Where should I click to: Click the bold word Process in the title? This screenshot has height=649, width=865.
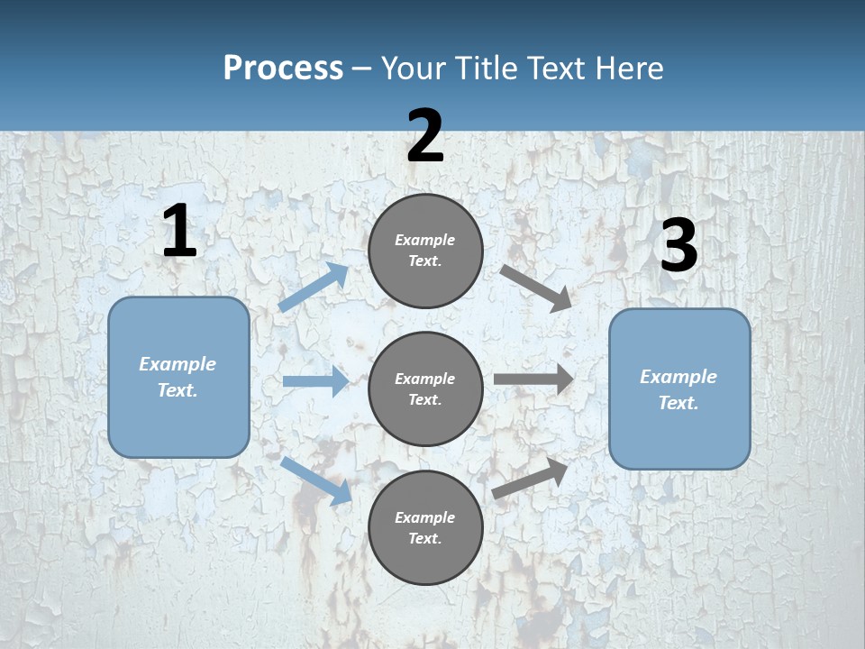coord(283,68)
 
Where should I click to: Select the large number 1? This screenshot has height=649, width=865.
coord(179,232)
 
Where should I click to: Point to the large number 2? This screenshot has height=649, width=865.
coord(425,136)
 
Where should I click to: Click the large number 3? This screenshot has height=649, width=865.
coord(678,246)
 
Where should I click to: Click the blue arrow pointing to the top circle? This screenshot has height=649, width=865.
coord(314,288)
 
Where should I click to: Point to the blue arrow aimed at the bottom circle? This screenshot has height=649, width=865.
coord(315,480)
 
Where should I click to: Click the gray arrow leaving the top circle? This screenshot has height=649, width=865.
coord(536,288)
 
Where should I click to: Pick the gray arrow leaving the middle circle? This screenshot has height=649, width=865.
coord(533,379)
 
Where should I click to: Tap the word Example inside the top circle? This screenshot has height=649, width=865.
coord(425,240)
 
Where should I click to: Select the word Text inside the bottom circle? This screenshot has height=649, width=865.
coord(423,538)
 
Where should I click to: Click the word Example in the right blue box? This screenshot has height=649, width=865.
coord(678,377)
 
